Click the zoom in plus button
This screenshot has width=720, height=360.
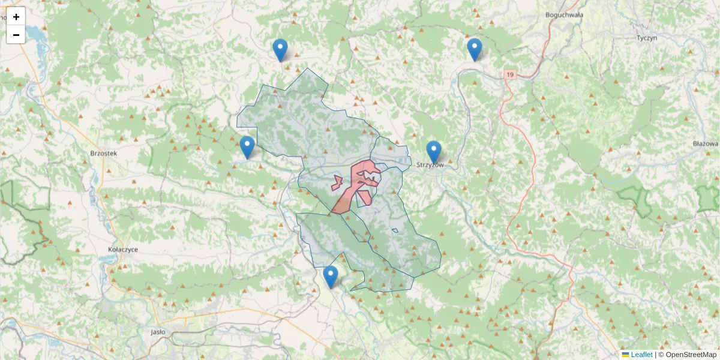(x=16, y=17)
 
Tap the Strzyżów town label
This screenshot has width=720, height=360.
(x=430, y=165)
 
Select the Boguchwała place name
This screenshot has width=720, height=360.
(x=564, y=15)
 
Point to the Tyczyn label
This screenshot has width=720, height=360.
(x=647, y=37)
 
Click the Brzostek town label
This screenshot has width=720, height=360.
(x=103, y=153)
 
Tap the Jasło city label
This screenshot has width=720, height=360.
(x=158, y=331)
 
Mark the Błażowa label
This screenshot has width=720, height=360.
(x=705, y=144)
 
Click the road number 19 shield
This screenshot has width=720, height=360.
(x=509, y=74)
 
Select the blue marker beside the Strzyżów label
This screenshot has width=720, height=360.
(x=434, y=151)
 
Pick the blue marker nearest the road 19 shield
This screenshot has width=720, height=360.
(x=475, y=49)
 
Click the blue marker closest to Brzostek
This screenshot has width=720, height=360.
(x=247, y=147)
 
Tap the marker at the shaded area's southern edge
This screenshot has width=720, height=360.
(x=331, y=277)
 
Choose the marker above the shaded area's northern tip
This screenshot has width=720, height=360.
(x=280, y=50)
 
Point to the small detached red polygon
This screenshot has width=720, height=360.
(x=337, y=183)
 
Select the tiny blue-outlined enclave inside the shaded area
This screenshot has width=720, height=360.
(x=395, y=230)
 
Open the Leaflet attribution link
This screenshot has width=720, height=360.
(x=640, y=355)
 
